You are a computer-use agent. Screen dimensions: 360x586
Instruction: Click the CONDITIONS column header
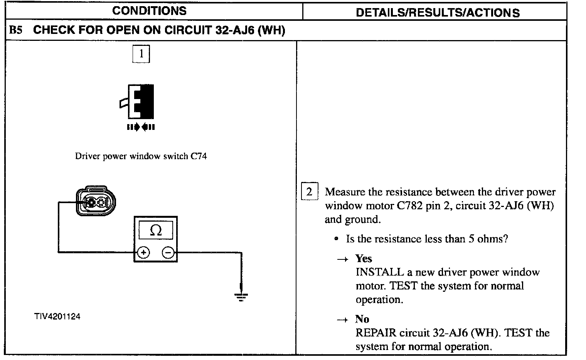(149, 11)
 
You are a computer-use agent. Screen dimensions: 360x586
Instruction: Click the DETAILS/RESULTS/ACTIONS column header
(438, 13)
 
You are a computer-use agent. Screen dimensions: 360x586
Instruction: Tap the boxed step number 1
(141, 54)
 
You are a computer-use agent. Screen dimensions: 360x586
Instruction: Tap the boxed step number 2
(309, 192)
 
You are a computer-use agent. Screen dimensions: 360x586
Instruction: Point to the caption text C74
(199, 156)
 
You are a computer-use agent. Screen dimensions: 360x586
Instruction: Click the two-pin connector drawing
(96, 202)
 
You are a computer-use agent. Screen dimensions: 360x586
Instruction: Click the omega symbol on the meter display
(155, 230)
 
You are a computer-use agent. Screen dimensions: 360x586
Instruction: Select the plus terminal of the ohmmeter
(143, 253)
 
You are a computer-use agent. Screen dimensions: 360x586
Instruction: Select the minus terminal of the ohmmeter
(168, 253)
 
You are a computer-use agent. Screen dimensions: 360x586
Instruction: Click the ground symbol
(241, 296)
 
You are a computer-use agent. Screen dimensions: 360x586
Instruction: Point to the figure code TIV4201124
(57, 317)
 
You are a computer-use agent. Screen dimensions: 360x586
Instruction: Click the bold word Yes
(364, 258)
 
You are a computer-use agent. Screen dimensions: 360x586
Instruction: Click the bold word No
(362, 319)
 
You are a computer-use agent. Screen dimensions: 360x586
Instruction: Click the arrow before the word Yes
(342, 259)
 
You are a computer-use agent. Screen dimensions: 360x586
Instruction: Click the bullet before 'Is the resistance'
(337, 239)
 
